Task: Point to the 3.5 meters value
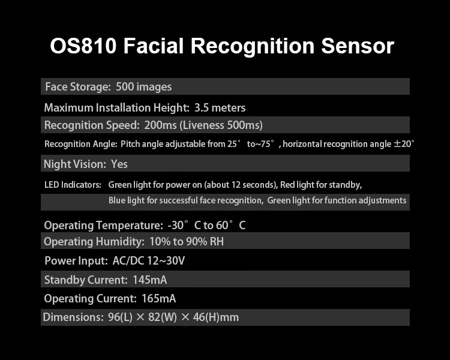(220, 108)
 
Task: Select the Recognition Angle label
(80, 144)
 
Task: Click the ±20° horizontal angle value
(404, 144)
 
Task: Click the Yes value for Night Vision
(119, 164)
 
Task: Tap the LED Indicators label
(73, 185)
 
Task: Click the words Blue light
(127, 200)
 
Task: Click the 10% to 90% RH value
(187, 242)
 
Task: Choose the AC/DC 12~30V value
(157, 261)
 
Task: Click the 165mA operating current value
(158, 299)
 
